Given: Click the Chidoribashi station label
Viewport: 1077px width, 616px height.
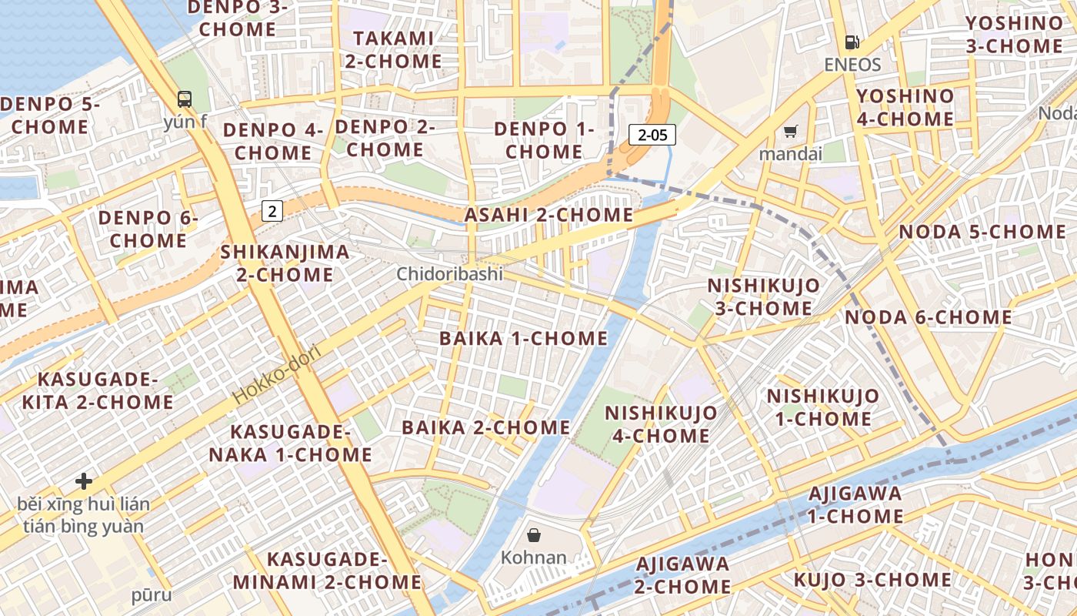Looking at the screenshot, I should click(449, 273).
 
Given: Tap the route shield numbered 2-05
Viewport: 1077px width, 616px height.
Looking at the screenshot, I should click(652, 136).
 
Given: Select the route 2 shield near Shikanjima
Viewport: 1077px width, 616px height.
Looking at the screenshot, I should click(272, 210).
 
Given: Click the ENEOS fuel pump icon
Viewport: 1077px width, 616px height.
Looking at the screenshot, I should click(852, 42).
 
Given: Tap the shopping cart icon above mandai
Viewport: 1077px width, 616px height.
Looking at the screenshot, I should click(790, 132).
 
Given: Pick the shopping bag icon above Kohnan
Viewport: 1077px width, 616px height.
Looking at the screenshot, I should click(533, 534).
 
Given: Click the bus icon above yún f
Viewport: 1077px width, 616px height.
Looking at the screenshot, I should click(185, 99).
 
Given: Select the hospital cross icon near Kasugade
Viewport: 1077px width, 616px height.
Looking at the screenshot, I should click(84, 482).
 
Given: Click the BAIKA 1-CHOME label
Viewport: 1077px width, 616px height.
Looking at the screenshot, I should click(523, 338).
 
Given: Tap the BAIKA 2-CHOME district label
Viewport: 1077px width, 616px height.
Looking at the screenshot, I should click(486, 427).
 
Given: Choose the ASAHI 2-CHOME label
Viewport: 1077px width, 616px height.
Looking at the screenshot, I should click(549, 215).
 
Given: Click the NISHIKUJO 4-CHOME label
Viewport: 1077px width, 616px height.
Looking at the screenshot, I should click(662, 424).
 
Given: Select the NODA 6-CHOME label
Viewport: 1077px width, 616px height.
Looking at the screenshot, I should click(929, 317).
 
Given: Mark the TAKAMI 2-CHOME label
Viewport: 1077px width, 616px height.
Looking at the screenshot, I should click(393, 49).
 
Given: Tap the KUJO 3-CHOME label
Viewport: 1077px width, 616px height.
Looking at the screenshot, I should click(872, 580).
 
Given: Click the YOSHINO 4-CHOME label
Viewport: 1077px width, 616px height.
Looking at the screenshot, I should click(905, 108).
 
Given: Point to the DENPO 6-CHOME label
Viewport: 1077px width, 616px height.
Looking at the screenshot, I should click(148, 229).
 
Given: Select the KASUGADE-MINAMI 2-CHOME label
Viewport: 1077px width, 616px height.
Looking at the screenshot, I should click(327, 571).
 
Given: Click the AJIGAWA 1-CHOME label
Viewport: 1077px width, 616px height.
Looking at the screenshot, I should click(855, 504).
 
